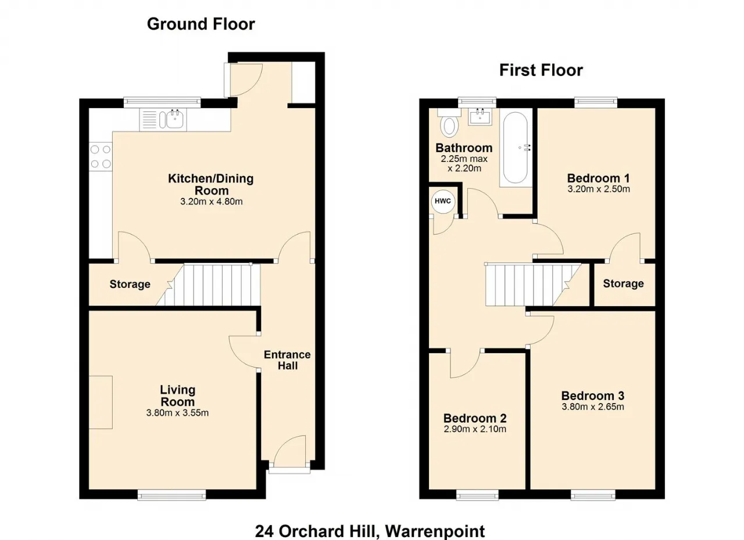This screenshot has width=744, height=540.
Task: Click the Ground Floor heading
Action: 201,24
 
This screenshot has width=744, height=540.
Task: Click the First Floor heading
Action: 541,70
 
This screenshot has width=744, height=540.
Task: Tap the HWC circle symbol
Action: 443,201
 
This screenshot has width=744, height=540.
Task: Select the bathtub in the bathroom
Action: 515,147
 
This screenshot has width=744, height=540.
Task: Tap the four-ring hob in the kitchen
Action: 101,157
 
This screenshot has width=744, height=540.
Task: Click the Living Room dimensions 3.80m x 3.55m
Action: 177,413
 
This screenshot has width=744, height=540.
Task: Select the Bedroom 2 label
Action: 475,418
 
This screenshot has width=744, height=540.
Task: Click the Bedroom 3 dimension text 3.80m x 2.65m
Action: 593,406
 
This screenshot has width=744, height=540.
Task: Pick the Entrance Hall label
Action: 287,360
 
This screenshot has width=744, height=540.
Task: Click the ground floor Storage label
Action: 130,285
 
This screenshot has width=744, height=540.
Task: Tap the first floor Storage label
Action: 624,283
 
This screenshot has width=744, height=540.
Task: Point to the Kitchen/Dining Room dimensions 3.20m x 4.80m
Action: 211,201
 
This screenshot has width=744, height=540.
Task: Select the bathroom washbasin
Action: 480,117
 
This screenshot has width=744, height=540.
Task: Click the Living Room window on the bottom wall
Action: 171,495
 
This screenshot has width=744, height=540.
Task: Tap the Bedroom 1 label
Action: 599,178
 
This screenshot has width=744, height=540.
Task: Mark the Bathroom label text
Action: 464,148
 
